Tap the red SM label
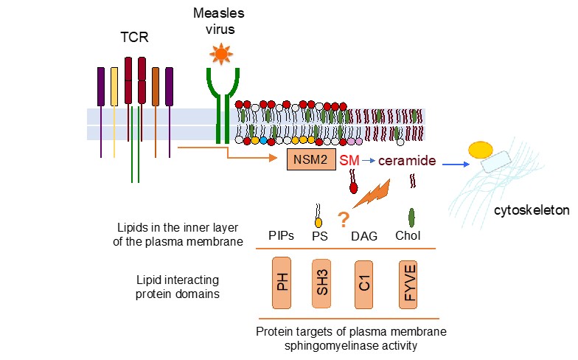tap(349, 160)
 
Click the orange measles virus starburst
tap(220, 54)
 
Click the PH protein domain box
tap(282, 283)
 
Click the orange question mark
tap(344, 219)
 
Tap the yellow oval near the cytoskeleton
tap(481, 150)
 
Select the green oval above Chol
tap(411, 217)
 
